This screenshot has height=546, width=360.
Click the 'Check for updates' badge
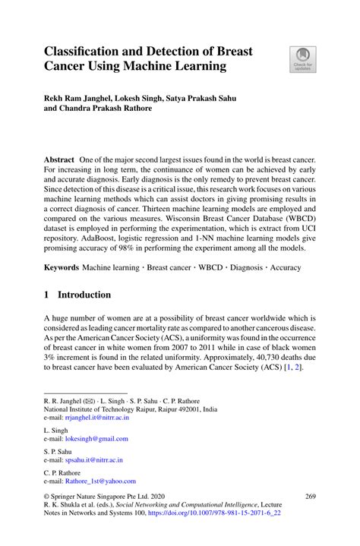click(x=302, y=59)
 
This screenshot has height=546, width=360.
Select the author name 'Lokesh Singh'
click(x=143, y=98)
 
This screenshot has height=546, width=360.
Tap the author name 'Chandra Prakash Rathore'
click(x=110, y=108)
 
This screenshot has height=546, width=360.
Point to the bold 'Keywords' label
click(x=61, y=267)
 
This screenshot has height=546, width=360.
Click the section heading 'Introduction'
click(x=85, y=295)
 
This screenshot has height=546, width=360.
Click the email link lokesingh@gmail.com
click(x=96, y=438)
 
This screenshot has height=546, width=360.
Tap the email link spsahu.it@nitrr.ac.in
click(x=93, y=459)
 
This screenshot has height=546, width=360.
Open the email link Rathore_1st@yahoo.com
click(x=100, y=481)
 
